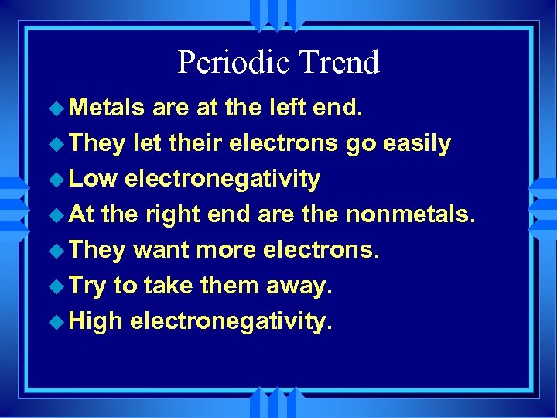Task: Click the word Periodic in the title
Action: click(x=228, y=63)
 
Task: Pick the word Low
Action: click(x=92, y=179)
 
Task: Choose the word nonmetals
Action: click(x=408, y=214)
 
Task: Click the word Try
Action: click(x=87, y=286)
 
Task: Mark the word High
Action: click(x=95, y=320)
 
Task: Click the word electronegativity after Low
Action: click(x=222, y=179)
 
